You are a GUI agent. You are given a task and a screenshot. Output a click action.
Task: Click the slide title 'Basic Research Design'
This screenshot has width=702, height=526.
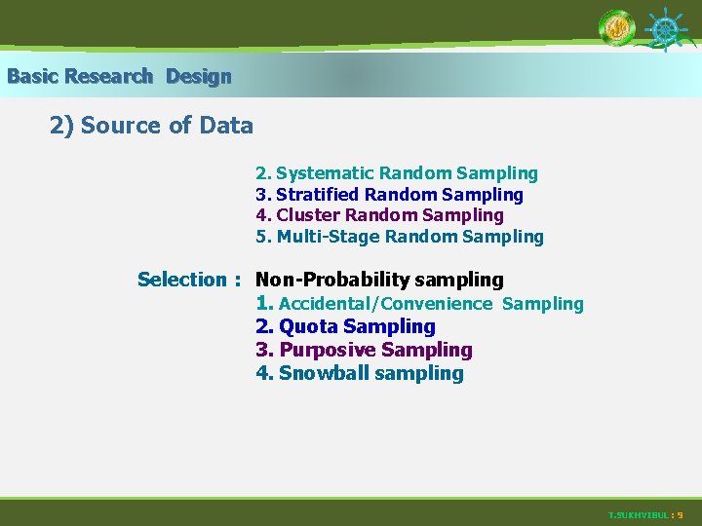119,76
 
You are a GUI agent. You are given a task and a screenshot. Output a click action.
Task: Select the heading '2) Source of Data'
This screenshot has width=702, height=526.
151,126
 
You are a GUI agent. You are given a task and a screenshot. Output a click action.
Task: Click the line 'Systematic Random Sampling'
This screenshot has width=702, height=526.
397,173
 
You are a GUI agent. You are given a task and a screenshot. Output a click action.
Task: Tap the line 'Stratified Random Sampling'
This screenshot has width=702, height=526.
390,195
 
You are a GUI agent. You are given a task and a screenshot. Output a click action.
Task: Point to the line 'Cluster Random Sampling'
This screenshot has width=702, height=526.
380,215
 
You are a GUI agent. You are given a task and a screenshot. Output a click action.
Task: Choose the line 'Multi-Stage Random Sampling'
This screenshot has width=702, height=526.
400,237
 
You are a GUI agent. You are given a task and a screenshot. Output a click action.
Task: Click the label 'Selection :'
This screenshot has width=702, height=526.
189,280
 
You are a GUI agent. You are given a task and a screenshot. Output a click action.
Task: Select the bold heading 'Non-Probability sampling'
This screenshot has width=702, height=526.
379,280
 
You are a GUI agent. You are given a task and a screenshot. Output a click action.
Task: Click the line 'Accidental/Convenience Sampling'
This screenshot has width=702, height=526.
419,304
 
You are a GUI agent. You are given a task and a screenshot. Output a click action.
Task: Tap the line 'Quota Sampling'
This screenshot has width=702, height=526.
346,326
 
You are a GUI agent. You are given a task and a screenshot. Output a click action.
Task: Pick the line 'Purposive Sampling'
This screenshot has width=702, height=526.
364,350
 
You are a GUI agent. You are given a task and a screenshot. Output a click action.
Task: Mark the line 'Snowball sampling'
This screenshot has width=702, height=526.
360,373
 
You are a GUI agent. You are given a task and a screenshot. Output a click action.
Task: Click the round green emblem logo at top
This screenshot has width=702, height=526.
616,28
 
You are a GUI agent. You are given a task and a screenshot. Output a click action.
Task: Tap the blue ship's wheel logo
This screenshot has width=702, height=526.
666,29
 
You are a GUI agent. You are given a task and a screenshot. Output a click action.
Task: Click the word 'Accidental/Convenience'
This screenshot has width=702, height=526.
385,304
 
